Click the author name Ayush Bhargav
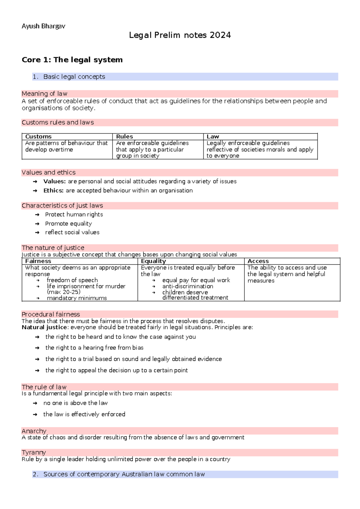43,26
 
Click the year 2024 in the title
220,35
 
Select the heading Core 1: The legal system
72,60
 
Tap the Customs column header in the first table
38,137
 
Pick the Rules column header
124,137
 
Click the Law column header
213,137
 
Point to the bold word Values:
54,181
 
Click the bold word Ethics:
53,191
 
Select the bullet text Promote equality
68,224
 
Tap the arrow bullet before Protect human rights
37,215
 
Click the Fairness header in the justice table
38,261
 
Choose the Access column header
258,261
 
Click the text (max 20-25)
64,292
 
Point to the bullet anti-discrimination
187,286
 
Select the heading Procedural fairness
51,314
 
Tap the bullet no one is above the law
75,403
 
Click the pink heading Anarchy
34,431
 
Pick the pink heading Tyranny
34,452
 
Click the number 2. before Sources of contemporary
36,474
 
